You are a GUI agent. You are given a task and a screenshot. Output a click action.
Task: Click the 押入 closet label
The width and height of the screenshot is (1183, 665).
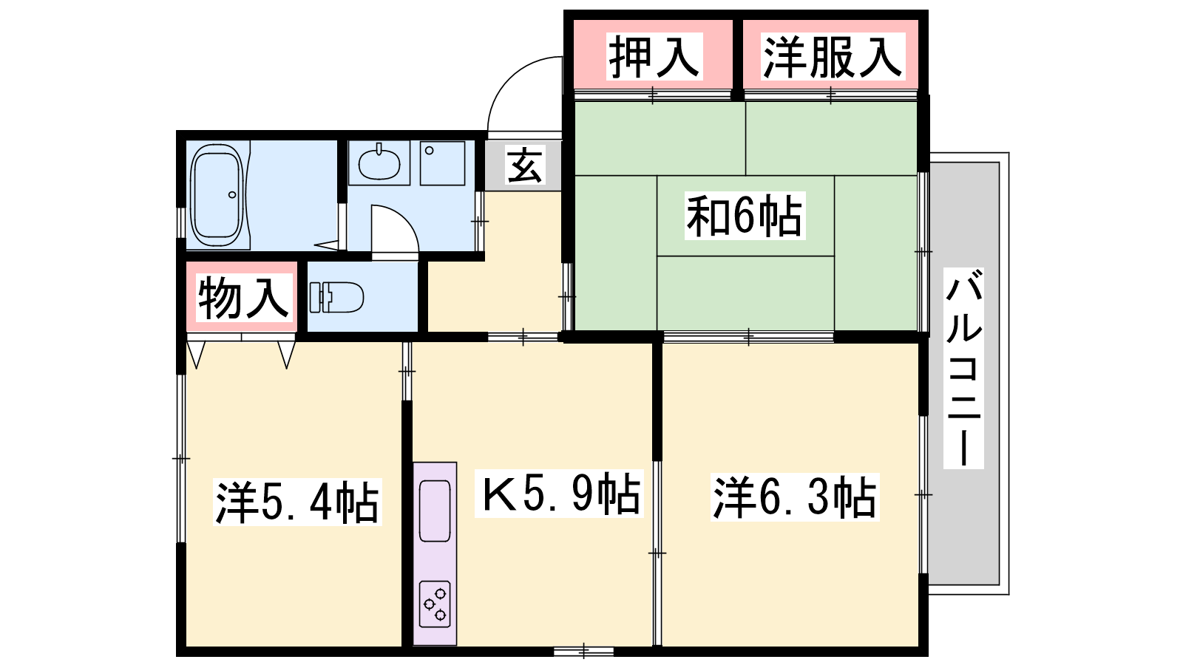tap(654, 56)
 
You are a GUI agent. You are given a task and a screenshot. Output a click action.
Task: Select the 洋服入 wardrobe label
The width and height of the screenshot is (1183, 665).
tap(833, 56)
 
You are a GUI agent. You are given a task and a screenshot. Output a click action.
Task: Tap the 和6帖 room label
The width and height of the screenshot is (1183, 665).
tap(745, 215)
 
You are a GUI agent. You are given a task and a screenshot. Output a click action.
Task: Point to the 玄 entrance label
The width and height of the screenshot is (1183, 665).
tap(524, 166)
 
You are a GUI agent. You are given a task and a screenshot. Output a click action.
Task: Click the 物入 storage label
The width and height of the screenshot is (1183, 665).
tap(244, 298)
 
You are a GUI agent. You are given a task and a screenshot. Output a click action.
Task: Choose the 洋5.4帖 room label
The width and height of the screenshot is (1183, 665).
tap(297, 502)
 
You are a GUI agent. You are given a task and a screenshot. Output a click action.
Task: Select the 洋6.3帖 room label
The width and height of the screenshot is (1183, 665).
tap(795, 497)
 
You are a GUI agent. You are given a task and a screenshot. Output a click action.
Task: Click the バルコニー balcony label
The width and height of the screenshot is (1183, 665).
tap(963, 368)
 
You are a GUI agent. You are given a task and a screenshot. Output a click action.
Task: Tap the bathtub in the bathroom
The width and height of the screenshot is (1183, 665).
tap(217, 194)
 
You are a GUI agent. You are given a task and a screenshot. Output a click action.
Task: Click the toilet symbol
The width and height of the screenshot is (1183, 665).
tap(336, 298)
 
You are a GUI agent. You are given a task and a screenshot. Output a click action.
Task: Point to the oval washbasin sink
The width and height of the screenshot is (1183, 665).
tap(379, 163)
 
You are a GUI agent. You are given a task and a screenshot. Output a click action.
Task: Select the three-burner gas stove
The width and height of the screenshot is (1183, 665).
tap(435, 604)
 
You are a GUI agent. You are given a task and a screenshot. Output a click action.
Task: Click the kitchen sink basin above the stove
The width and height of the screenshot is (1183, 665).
tap(435, 511)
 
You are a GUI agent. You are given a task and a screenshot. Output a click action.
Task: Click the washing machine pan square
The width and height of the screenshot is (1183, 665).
tap(443, 163)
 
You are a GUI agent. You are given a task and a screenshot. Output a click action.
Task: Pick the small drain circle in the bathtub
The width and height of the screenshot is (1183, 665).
tap(232, 195)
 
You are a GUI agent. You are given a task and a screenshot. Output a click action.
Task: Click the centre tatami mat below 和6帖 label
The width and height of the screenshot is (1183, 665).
tap(746, 293)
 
